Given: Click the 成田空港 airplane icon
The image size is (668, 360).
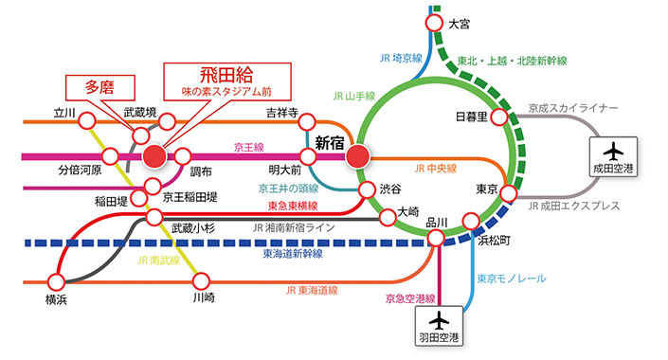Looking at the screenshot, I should (x=614, y=153).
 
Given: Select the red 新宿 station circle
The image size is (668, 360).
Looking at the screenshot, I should (x=358, y=154).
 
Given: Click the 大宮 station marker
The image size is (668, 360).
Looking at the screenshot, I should (x=434, y=23).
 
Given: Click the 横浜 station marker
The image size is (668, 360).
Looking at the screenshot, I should (x=56, y=281).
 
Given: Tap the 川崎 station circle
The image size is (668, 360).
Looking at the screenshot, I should (x=201, y=281).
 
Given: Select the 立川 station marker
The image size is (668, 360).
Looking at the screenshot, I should (x=87, y=120).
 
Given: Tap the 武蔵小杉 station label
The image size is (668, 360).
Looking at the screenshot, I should (x=194, y=227).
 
